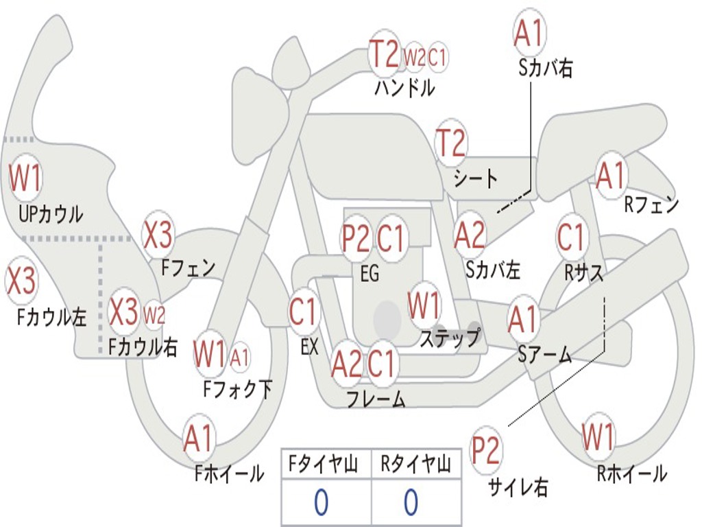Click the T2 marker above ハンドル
tap(385, 54)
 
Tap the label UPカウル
tap(51, 214)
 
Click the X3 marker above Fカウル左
tap(21, 281)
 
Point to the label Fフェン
tap(188, 268)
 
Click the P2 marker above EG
tap(356, 238)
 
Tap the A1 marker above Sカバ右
tap(529, 33)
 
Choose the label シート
tap(475, 178)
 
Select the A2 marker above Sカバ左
tap(469, 235)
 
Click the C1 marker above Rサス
tap(571, 237)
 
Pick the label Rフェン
tap(651, 204)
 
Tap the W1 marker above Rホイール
tap(598, 436)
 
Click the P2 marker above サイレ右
tap(485, 450)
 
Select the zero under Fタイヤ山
tap(322, 502)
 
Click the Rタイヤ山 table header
tap(416, 464)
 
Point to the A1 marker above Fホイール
tap(198, 438)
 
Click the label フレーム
tap(376, 399)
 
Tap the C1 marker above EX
tap(304, 311)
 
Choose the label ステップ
tap(450, 337)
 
